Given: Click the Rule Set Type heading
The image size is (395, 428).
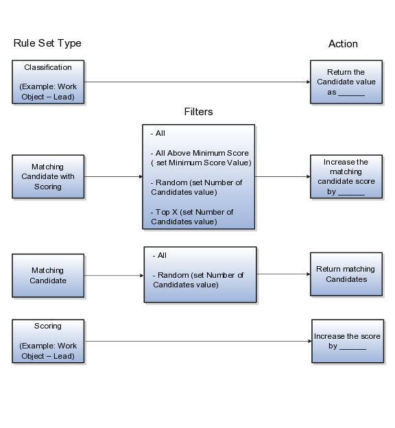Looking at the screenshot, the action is click(47, 43).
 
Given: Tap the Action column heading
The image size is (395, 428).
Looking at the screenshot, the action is click(343, 44).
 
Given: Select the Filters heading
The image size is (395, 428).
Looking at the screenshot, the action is click(198, 112).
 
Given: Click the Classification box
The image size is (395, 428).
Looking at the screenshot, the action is click(48, 82).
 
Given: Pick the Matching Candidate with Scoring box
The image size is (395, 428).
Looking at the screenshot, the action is click(48, 176).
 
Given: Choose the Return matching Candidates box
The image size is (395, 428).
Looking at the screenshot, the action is click(346, 274).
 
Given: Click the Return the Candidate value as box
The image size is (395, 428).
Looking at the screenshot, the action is click(346, 82).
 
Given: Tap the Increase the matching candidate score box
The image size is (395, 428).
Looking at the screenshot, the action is click(346, 176).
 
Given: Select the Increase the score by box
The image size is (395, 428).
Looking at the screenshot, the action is click(348, 341).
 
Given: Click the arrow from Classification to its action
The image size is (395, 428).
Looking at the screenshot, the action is click(197, 82).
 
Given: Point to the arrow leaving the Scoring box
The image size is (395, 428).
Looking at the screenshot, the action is click(198, 341).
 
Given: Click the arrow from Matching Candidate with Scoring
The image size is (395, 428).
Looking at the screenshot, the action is click(113, 176).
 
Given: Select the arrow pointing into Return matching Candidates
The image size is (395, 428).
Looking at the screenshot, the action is click(283, 274).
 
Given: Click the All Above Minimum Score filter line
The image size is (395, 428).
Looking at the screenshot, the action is click(201, 158).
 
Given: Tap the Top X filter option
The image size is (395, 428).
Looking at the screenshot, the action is click(192, 217).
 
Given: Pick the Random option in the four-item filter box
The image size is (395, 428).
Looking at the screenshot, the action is click(196, 187).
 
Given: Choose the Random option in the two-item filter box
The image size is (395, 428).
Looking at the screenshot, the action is click(198, 280).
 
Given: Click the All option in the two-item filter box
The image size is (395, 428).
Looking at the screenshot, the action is click(160, 255).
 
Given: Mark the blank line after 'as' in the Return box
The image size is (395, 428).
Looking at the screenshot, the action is click(351, 95).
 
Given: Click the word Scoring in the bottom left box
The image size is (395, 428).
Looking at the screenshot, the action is click(48, 326).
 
